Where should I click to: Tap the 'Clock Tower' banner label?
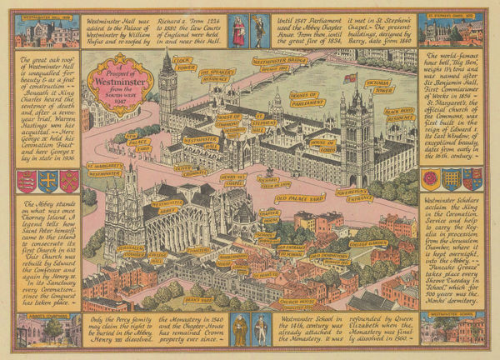183,63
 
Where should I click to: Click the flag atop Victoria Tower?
350,78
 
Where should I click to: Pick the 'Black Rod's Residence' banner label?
398,114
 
